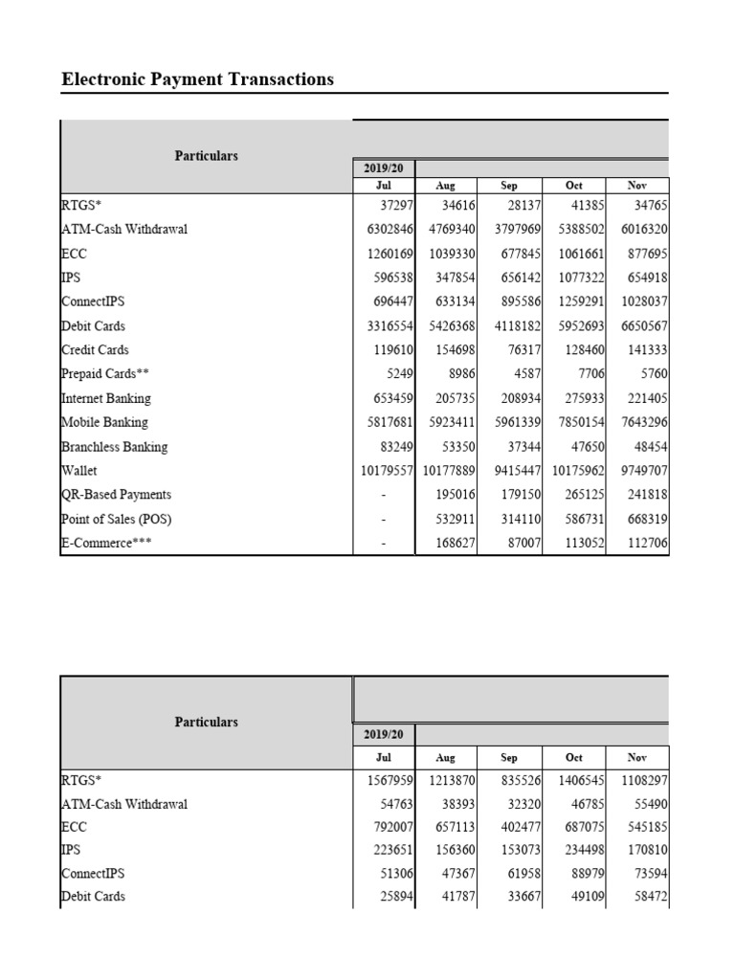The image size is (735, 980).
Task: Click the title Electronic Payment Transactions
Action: tap(198, 79)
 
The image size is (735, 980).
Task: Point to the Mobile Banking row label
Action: tap(104, 422)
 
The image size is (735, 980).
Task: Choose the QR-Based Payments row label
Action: tap(116, 495)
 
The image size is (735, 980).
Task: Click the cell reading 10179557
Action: tap(384, 471)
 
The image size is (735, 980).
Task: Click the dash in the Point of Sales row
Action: tap(383, 520)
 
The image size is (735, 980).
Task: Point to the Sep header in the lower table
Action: tap(509, 757)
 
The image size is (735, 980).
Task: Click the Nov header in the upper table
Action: tap(636, 186)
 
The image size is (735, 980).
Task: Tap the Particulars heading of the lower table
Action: tap(206, 722)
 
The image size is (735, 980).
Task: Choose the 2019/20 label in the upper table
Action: tap(383, 167)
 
